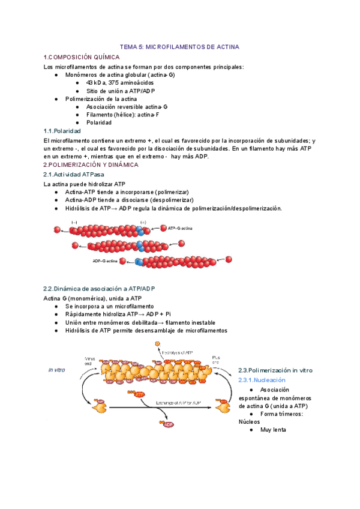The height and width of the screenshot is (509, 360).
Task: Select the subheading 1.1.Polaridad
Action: [67, 130]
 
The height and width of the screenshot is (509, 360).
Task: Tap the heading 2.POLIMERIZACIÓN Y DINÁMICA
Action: [91, 164]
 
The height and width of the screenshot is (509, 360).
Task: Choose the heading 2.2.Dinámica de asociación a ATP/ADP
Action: [99, 289]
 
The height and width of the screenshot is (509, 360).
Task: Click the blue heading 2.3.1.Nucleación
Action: [262, 380]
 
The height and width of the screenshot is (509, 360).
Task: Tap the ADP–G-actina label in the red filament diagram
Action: [105, 261]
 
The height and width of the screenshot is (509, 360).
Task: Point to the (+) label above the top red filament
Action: [142, 221]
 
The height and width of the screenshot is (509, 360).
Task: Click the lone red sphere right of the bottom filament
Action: [229, 259]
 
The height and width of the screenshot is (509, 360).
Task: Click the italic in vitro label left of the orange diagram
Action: [56, 370]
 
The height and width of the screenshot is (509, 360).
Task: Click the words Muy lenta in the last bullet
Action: [273, 430]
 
